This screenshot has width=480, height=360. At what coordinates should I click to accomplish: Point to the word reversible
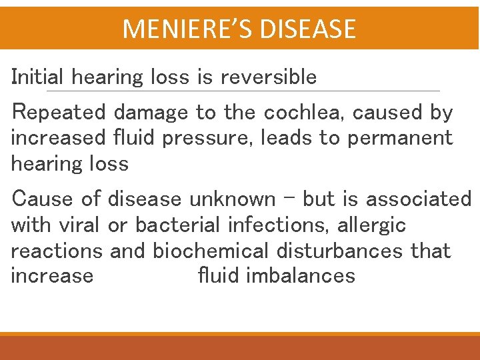(269, 77)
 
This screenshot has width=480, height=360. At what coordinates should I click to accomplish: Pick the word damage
(151, 113)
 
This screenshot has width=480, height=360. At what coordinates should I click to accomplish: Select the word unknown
(232, 199)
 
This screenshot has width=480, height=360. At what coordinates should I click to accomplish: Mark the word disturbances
(348, 251)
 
